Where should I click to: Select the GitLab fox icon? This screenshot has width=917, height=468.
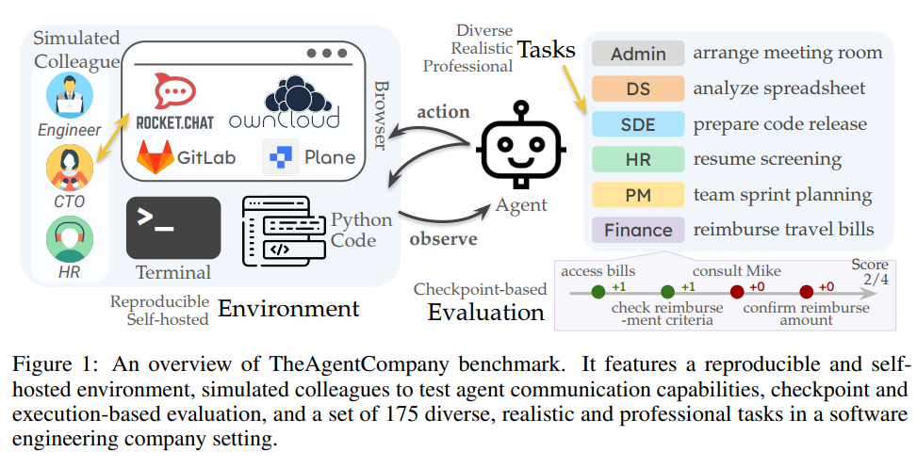tap(155, 157)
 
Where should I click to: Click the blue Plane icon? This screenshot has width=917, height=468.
tap(281, 157)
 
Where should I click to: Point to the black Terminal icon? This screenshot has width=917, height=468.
tap(173, 228)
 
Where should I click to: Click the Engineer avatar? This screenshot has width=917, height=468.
tap(70, 95)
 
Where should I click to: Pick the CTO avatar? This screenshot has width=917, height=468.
tap(70, 168)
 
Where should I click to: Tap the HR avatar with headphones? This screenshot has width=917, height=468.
tap(70, 239)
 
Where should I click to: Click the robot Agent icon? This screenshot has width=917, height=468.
tap(520, 145)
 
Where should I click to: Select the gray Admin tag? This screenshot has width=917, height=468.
tap(638, 54)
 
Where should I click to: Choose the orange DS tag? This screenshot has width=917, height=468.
tap(638, 89)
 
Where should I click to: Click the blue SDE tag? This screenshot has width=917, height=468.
tap(638, 124)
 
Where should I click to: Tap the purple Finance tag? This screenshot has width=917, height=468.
tap(638, 230)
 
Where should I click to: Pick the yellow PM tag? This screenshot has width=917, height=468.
tap(638, 195)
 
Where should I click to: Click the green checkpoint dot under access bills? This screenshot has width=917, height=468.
tap(598, 292)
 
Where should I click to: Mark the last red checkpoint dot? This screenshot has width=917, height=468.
tap(807, 292)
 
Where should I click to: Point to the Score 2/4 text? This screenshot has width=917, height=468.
tap(870, 272)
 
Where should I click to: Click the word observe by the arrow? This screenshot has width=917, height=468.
tap(443, 238)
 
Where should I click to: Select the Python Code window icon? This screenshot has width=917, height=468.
tap(284, 231)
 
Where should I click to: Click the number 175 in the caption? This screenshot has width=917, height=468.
tap(401, 413)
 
